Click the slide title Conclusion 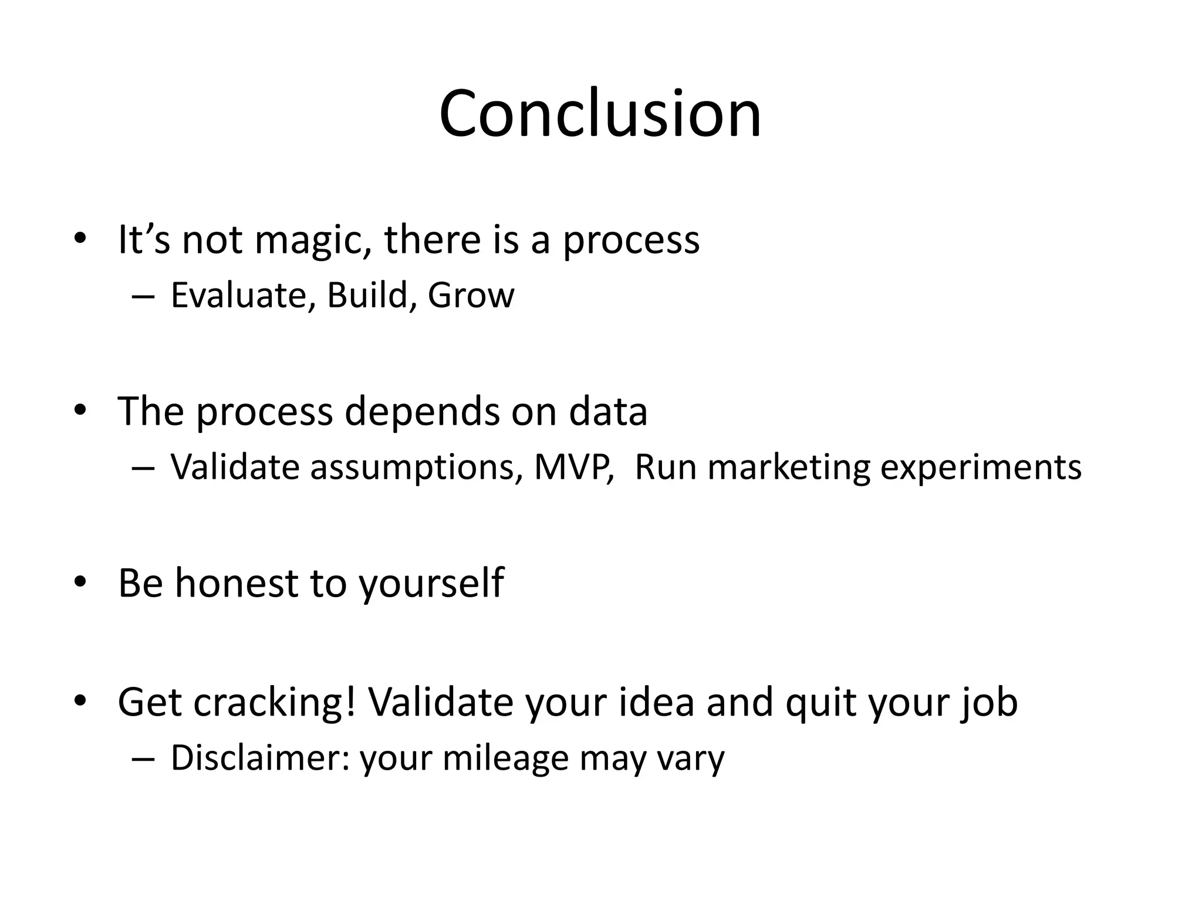coord(600,114)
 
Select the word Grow coord(471,295)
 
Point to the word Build coord(367,295)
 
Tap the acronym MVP coord(573,468)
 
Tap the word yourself coord(431,584)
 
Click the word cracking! coord(274,703)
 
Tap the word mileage coord(505,759)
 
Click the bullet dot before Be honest coord(80,582)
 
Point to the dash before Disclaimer coord(143,759)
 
